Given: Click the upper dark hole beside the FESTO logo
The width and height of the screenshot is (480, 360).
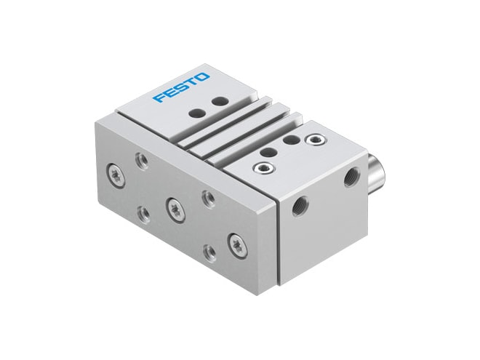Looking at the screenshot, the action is (220, 101).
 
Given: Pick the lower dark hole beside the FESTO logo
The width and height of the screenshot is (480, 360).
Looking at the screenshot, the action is (198, 113).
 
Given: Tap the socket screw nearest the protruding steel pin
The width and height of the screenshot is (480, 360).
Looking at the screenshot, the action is (316, 140).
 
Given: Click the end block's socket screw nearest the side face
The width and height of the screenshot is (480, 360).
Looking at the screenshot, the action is (263, 167).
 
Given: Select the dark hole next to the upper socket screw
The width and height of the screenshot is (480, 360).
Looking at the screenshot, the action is (292, 140).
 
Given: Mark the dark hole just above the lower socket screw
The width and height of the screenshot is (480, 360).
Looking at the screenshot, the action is (269, 152).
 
